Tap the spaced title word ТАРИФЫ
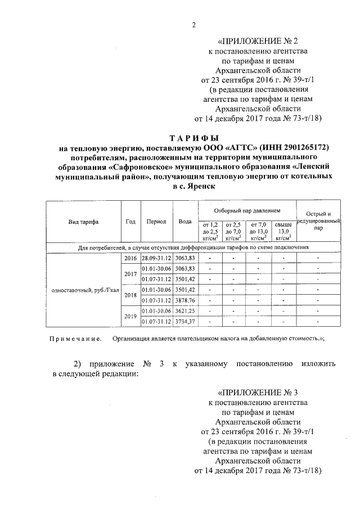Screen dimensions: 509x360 (x=194, y=138)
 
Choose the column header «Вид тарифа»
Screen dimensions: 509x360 (x=83, y=222)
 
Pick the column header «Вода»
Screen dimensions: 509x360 (x=185, y=222)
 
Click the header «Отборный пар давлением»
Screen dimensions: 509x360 (x=247, y=210)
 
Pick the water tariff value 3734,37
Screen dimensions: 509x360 (x=185, y=321)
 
